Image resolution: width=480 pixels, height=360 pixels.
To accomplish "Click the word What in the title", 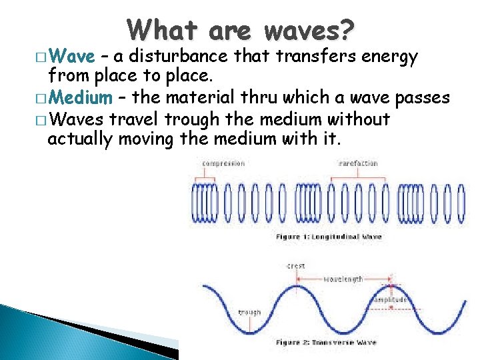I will point(163,31).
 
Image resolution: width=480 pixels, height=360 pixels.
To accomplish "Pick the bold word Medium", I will point(81,99).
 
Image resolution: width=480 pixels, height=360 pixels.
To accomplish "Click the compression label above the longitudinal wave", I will point(225,163).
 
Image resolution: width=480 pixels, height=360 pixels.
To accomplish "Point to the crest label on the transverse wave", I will point(296,266).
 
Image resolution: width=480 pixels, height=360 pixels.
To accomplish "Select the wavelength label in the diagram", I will point(344,279).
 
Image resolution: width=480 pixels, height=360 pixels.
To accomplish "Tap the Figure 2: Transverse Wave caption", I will point(326,342).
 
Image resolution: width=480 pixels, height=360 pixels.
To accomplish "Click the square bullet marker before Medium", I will point(43,99).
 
